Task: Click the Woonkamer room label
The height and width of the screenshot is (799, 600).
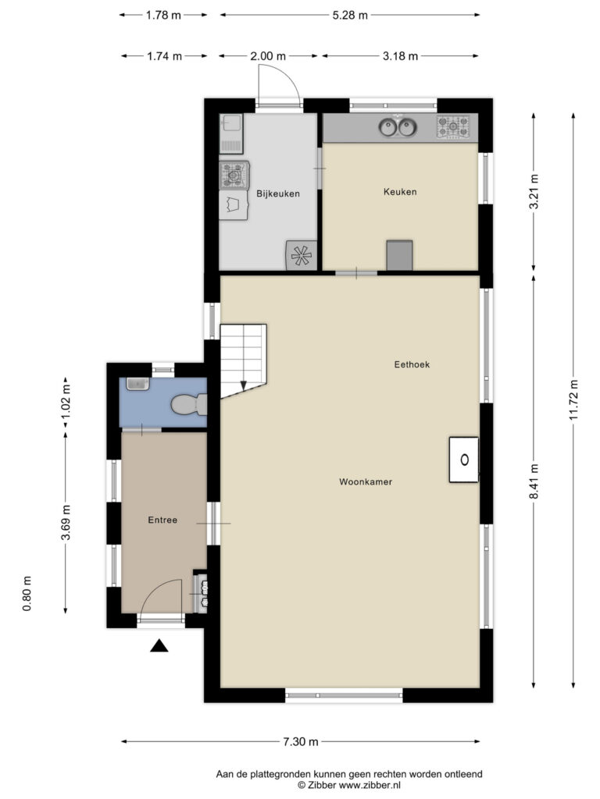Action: pyautogui.click(x=366, y=481)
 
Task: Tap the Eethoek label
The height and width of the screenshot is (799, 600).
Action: pyautogui.click(x=412, y=364)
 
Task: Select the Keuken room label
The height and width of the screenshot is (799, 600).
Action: pyautogui.click(x=400, y=192)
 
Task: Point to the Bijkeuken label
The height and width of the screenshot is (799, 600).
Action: pyautogui.click(x=278, y=194)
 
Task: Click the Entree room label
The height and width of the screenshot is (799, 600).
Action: pyautogui.click(x=162, y=520)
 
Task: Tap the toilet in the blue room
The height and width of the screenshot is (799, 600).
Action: pyautogui.click(x=189, y=405)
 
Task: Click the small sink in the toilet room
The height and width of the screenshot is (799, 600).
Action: pyautogui.click(x=137, y=384)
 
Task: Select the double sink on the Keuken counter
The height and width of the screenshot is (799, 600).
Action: pyautogui.click(x=398, y=127)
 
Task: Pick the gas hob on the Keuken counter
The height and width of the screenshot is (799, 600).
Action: pyautogui.click(x=453, y=127)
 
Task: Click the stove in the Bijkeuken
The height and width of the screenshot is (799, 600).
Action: pyautogui.click(x=234, y=176)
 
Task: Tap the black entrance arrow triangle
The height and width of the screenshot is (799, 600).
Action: pyautogui.click(x=159, y=645)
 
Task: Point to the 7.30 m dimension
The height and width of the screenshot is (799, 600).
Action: pyautogui.click(x=301, y=741)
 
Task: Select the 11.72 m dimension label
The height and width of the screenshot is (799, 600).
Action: pyautogui.click(x=573, y=400)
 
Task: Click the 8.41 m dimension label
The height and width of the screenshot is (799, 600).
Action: pyautogui.click(x=534, y=481)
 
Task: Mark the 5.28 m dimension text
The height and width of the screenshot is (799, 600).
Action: pyautogui.click(x=350, y=16)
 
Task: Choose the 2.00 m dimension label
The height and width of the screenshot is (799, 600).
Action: pyautogui.click(x=268, y=56)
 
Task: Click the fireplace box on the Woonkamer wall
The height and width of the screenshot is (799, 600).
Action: pyautogui.click(x=464, y=460)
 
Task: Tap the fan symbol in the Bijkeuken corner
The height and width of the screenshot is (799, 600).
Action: pyautogui.click(x=301, y=255)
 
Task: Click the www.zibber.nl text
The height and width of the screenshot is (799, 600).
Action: pyautogui.click(x=370, y=785)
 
